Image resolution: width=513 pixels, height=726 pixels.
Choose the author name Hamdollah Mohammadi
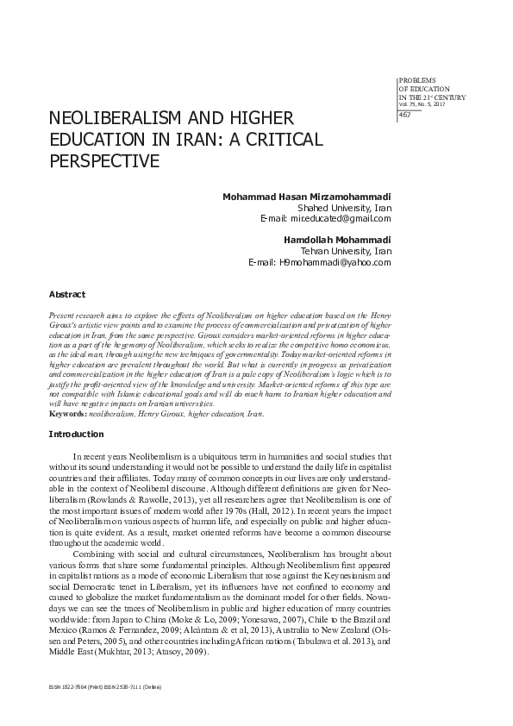(x=339, y=239)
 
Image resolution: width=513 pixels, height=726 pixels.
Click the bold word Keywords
(x=68, y=414)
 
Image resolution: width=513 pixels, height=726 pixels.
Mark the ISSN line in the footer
(x=106, y=687)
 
